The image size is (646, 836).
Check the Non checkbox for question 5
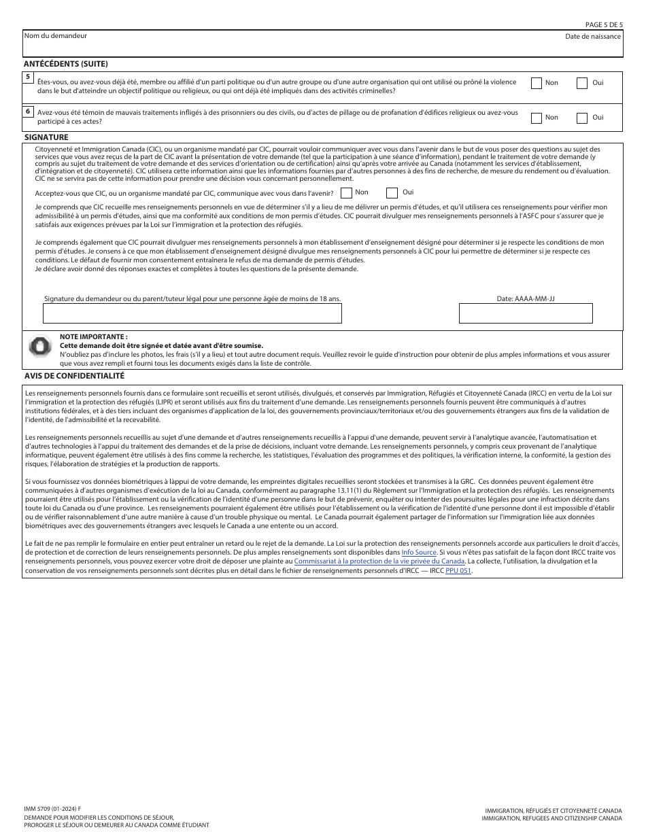coord(537,83)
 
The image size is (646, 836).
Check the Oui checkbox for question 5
coord(582,83)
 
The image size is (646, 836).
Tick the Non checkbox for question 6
coord(537,118)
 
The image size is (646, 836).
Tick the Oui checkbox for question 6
coord(582,118)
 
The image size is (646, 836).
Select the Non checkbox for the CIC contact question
coord(346,193)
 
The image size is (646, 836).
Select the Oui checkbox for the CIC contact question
coord(392,193)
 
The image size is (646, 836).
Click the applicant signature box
coord(192,313)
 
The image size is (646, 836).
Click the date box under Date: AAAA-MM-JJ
coord(526,313)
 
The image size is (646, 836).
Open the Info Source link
coord(418,553)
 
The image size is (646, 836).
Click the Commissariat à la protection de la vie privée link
coord(379,561)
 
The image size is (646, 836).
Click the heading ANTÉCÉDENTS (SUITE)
coord(66,64)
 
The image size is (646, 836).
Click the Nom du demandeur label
coord(56,36)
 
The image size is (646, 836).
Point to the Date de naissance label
coord(592,37)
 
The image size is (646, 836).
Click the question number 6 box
coord(28,111)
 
